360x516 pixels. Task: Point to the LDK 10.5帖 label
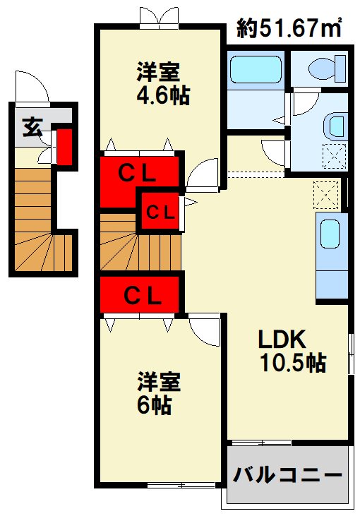coord(290,351)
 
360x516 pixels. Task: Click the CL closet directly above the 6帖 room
coord(141,294)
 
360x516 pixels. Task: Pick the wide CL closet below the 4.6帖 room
coord(138,173)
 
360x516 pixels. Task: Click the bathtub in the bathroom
coord(256,70)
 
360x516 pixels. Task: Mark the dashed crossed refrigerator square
coord(326,193)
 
